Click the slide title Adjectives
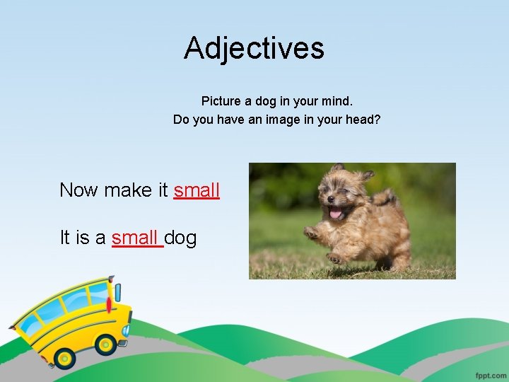point(254,48)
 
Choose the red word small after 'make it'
point(197,190)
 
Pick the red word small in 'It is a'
point(136,238)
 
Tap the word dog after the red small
point(181,238)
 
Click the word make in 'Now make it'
point(128,190)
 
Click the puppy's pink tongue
point(336,212)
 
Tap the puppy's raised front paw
point(312,232)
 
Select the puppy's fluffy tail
point(387,196)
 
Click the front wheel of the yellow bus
point(106,345)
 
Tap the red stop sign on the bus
point(108,305)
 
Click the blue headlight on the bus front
point(127,330)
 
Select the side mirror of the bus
point(117,291)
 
